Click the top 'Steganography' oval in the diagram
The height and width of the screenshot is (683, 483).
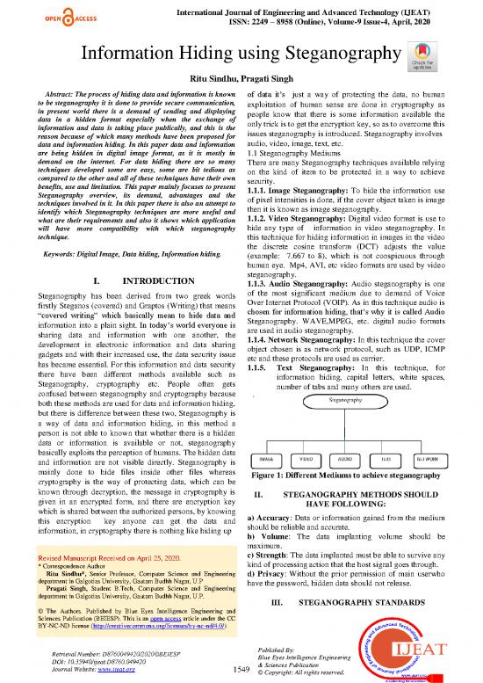pos(349,400)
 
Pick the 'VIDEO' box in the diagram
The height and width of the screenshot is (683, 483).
pos(308,460)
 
